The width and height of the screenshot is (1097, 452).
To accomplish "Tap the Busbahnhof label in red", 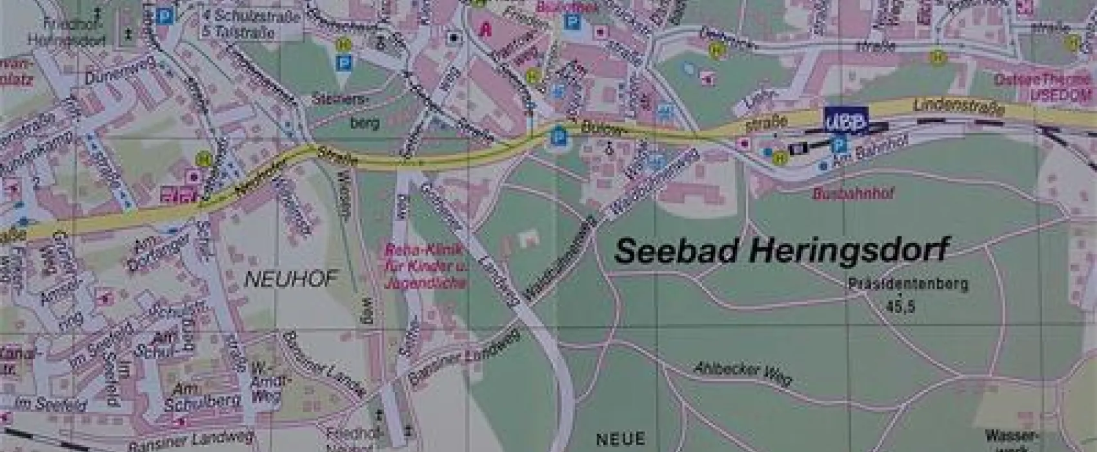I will (854, 193).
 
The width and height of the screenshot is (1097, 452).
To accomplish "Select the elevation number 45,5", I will (900, 305).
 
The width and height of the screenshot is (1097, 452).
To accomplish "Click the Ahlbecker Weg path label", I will (742, 373).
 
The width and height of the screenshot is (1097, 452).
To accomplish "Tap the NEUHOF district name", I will (291, 279).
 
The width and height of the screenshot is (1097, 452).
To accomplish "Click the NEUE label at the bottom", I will (619, 440).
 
